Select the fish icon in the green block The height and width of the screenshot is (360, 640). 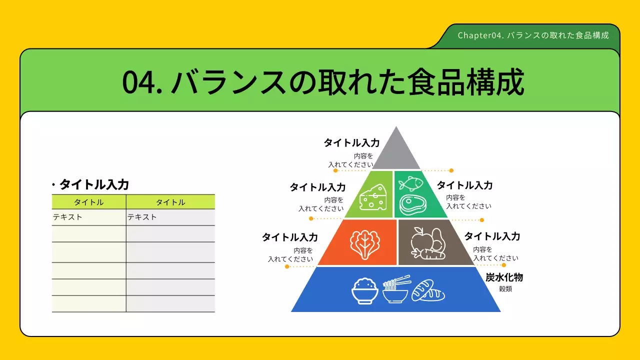pyautogui.click(x=410, y=183)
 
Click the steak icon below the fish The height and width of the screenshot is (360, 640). pyautogui.click(x=412, y=204)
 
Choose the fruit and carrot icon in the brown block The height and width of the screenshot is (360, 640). pyautogui.click(x=426, y=243)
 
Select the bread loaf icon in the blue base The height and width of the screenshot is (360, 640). pyautogui.click(x=428, y=290)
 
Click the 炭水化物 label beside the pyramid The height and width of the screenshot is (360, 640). pyautogui.click(x=504, y=277)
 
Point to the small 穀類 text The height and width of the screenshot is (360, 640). pyautogui.click(x=505, y=289)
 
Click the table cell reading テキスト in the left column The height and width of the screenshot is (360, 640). pyautogui.click(x=67, y=217)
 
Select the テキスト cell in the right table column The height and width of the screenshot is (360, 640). pyautogui.click(x=142, y=217)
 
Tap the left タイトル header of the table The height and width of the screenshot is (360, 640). pyautogui.click(x=89, y=202)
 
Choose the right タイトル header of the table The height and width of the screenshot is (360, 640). pyautogui.click(x=170, y=202)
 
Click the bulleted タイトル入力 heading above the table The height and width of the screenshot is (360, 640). pyautogui.click(x=94, y=184)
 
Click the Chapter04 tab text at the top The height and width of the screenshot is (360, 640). pyautogui.click(x=533, y=35)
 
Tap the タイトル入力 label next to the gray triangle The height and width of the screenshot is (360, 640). pyautogui.click(x=351, y=142)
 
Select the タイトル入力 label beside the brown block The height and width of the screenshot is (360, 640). pyautogui.click(x=492, y=236)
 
